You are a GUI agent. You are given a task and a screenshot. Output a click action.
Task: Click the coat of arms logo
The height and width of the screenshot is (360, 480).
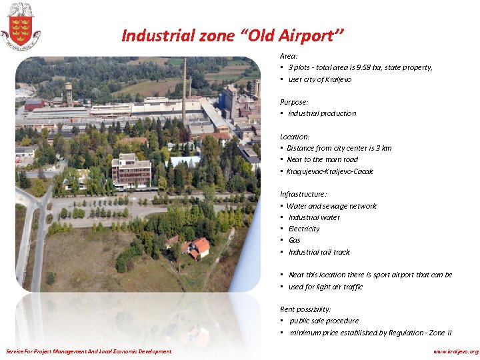[x=20, y=26]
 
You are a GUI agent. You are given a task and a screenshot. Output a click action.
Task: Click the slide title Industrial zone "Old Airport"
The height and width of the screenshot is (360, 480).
[x=233, y=35]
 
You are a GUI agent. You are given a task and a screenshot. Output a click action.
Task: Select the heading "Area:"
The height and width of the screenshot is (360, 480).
[x=288, y=57]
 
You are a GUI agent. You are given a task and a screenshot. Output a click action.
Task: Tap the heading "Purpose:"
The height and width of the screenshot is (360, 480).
[x=294, y=102]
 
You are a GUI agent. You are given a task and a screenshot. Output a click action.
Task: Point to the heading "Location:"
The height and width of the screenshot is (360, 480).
[x=295, y=137]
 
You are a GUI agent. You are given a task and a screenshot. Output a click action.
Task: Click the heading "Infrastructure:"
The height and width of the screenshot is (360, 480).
[x=303, y=194]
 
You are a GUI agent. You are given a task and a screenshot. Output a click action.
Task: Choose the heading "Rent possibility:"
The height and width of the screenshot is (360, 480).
[x=305, y=309]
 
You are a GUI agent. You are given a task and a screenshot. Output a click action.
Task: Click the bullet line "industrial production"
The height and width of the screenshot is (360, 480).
[x=322, y=113]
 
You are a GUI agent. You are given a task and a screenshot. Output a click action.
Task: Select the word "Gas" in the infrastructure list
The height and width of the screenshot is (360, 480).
[x=294, y=240]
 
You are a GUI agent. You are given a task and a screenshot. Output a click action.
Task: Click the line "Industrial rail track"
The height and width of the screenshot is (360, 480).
[x=319, y=252]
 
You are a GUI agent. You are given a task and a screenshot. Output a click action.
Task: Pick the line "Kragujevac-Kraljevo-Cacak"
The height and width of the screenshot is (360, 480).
[x=329, y=171]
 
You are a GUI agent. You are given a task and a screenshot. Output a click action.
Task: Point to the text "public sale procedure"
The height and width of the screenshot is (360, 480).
[x=324, y=321]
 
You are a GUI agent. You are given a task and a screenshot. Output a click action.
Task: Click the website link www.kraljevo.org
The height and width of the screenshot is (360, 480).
[x=455, y=351]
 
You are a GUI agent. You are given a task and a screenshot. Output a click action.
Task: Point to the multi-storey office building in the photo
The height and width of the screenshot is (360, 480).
[x=131, y=171]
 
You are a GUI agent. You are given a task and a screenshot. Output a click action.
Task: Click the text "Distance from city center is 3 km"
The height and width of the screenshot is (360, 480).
[x=339, y=148]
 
